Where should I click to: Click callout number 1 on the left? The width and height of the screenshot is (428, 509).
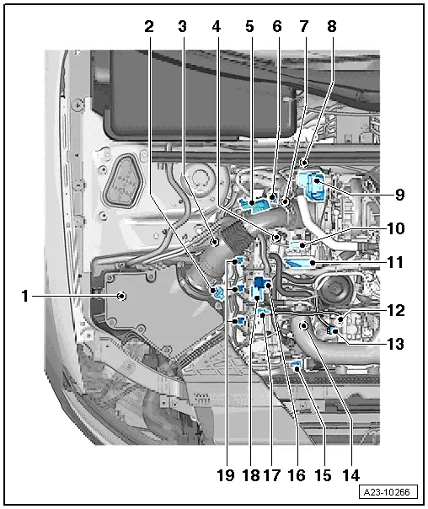pos(24,296)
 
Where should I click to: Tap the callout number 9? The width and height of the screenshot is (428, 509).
pos(399,195)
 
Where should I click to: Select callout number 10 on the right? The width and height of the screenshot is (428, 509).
pos(396,228)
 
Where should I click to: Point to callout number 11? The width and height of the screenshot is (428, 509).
pos(395,262)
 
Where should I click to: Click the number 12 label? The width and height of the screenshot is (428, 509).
pos(396,311)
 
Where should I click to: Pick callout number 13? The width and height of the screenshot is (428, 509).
pos(396,344)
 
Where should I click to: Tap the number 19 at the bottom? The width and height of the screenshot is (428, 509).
pos(226,475)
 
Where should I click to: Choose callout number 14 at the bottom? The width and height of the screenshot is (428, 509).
pos(350,475)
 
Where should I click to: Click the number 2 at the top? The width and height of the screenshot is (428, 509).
pos(149,27)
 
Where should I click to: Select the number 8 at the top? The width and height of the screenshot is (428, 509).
pos(332,27)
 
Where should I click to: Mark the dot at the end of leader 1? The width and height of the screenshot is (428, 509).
pos(121,296)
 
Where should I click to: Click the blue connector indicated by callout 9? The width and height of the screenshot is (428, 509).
pos(311,186)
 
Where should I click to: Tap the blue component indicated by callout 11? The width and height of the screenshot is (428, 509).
pos(299,262)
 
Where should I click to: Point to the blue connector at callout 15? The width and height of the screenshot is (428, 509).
pos(297,367)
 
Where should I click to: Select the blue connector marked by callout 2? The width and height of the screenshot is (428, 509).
pos(217,292)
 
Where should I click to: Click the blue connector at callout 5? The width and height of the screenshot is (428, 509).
pos(254,205)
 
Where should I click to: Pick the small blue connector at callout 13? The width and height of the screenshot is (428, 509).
pos(332,331)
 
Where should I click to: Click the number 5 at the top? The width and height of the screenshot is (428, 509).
pos(249,27)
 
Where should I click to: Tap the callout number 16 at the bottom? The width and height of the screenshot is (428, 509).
pos(297,475)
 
